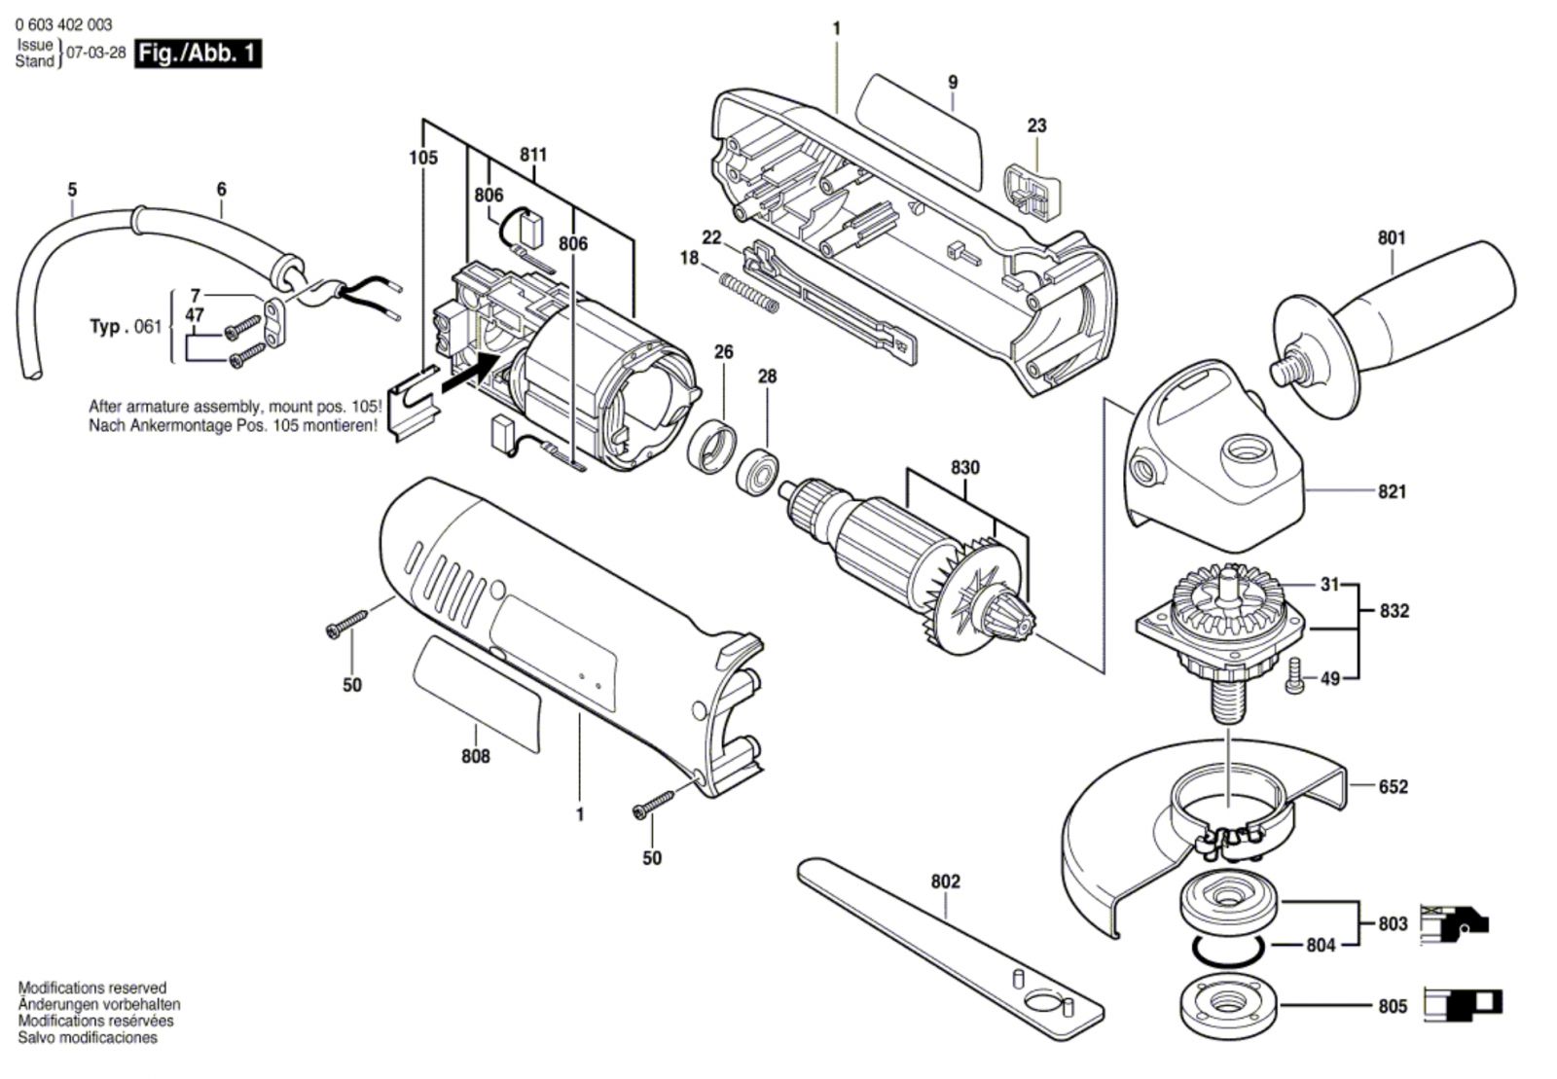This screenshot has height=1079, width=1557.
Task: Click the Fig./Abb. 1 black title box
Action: click(199, 54)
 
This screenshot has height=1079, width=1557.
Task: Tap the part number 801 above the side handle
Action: click(1392, 238)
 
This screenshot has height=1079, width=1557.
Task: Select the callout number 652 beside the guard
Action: click(1393, 786)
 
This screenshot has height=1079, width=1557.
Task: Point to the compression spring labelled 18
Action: click(748, 293)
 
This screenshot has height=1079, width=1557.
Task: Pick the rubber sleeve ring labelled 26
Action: click(711, 447)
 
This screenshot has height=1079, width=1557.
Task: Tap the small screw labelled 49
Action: click(1293, 675)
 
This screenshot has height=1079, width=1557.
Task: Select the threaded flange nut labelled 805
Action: click(1229, 1002)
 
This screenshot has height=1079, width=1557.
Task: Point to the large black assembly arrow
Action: click(471, 373)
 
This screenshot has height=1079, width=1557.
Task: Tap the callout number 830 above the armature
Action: click(964, 468)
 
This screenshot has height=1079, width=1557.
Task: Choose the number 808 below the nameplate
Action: click(476, 756)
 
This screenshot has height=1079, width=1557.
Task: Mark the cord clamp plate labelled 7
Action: click(273, 323)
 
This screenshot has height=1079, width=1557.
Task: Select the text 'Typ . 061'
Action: click(126, 326)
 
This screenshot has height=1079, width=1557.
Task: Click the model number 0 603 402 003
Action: click(63, 25)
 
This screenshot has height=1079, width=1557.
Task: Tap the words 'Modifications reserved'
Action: click(92, 988)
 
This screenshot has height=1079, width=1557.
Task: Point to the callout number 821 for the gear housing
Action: click(1392, 492)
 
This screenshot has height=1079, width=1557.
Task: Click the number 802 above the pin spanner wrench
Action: click(945, 881)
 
